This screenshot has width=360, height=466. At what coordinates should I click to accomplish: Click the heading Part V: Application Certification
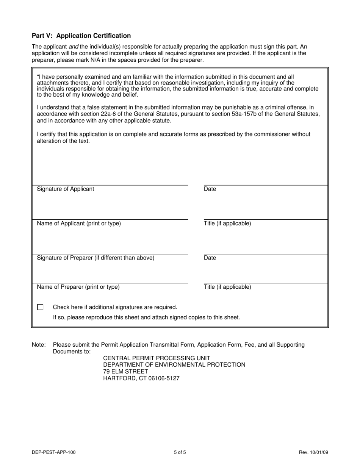pyautogui.click(x=81, y=36)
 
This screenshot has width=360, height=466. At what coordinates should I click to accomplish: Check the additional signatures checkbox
pyautogui.click(x=41, y=307)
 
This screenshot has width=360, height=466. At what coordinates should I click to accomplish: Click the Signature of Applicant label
pyautogui.click(x=65, y=189)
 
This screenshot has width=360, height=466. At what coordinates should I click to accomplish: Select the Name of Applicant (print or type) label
pyautogui.click(x=79, y=224)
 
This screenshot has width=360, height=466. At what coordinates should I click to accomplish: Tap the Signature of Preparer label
pyautogui.click(x=95, y=258)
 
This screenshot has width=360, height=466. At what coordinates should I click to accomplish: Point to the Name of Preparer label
pyautogui.click(x=78, y=287)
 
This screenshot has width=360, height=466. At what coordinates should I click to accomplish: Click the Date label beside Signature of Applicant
pyautogui.click(x=210, y=189)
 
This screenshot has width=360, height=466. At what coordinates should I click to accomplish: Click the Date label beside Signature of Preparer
pyautogui.click(x=210, y=258)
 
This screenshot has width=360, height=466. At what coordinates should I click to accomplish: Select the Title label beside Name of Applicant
pyautogui.click(x=227, y=224)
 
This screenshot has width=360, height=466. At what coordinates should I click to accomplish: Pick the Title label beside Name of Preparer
pyautogui.click(x=227, y=287)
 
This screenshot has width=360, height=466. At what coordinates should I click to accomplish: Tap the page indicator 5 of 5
pyautogui.click(x=180, y=452)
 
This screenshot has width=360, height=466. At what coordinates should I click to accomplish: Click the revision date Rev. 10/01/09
pyautogui.click(x=313, y=452)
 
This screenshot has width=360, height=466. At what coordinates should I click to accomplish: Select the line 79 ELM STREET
pyautogui.click(x=125, y=372)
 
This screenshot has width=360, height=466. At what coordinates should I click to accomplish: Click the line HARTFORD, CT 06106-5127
pyautogui.click(x=141, y=378)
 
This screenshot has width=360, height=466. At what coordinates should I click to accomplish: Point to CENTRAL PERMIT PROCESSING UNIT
pyautogui.click(x=157, y=358)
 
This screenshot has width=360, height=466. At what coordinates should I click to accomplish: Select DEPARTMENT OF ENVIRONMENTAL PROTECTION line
pyautogui.click(x=174, y=365)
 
